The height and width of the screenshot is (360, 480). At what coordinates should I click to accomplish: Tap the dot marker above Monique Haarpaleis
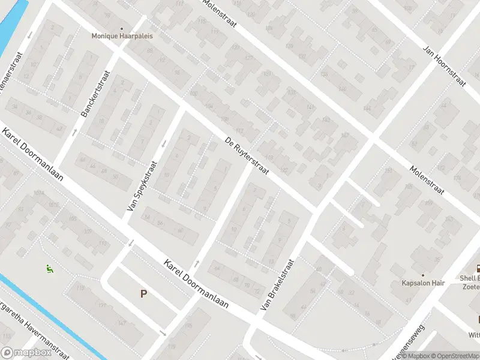tap(122, 28)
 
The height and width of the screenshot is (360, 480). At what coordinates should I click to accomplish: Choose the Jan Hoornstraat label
tap(444, 67)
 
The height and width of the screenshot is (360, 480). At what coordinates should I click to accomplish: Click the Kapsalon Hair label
tap(423, 283)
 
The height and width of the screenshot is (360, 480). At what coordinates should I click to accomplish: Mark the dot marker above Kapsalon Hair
tap(423, 275)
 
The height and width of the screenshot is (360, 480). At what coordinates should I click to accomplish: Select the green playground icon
tap(49, 269)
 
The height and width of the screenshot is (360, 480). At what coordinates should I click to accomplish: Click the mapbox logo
tap(27, 353)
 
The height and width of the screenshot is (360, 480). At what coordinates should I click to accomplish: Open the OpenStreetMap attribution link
tap(457, 356)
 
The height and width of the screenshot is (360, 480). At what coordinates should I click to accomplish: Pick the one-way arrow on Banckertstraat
tap(74, 131)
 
